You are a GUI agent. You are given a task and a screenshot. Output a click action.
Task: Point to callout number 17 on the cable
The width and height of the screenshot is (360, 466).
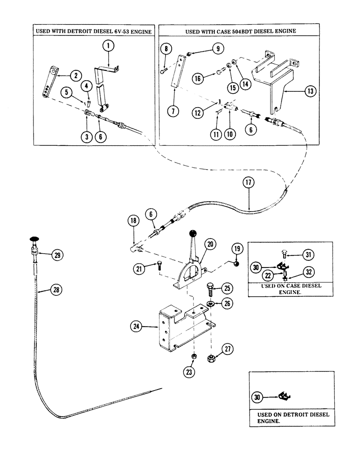coord(247,184)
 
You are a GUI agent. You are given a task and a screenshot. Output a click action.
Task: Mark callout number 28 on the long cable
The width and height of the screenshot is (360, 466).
coord(56,290)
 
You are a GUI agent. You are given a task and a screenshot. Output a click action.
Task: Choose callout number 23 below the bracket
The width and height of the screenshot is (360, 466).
coord(193,371)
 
